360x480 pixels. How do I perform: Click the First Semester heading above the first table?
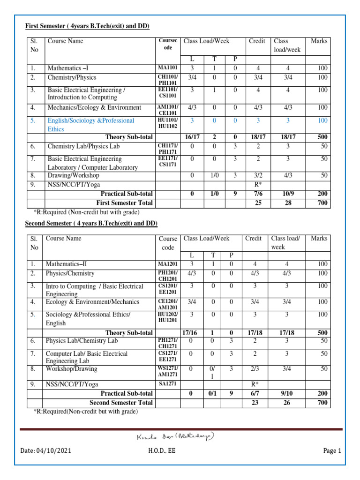pyautogui.click(x=87, y=26)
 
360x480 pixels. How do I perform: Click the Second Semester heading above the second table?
pyautogui.click(x=91, y=223)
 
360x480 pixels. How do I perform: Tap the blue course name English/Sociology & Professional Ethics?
pyautogui.click(x=91, y=125)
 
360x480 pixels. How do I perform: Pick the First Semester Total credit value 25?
pyautogui.click(x=257, y=203)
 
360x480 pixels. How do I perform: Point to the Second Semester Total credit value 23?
pyautogui.click(x=253, y=402)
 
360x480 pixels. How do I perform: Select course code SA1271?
pyautogui.click(x=168, y=384)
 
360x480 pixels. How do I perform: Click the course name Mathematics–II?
pyautogui.click(x=67, y=264)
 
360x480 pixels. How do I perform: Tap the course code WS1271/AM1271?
pyautogui.click(x=168, y=372)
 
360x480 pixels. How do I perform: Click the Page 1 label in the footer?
pyautogui.click(x=332, y=451)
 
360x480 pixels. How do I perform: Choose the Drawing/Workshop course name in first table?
pyautogui.click(x=73, y=175)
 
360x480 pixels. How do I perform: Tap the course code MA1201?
pyautogui.click(x=168, y=264)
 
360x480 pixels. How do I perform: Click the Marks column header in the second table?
pyautogui.click(x=319, y=239)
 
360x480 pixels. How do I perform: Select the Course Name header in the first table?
pyautogui.click(x=66, y=41)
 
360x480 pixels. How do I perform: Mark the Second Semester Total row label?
pyautogui.click(x=121, y=402)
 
